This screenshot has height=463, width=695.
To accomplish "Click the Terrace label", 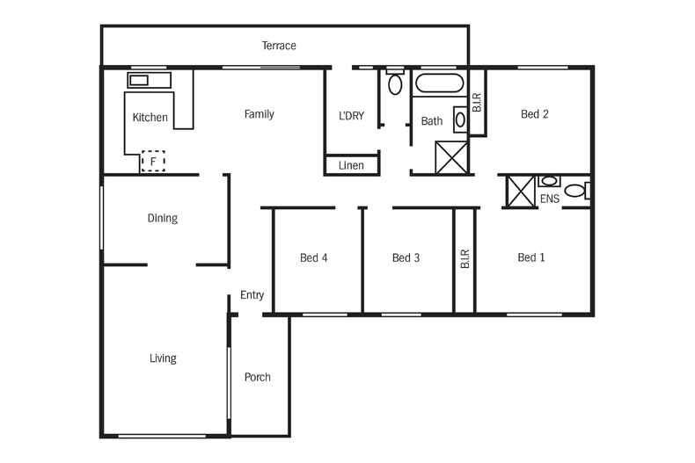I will click(279, 46).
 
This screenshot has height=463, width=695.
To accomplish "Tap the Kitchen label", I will click(150, 118).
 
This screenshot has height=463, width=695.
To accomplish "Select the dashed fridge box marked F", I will click(153, 162).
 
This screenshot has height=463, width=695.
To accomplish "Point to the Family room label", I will click(259, 114).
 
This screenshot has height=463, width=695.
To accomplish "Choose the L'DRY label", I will click(351, 116).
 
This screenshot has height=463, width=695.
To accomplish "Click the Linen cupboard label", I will click(351, 165).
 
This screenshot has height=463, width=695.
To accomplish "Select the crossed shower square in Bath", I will click(453, 159).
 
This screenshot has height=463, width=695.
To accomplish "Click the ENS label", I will click(549, 199).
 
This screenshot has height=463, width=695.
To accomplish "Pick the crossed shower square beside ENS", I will click(518, 192).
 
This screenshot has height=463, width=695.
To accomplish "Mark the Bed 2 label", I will click(535, 114).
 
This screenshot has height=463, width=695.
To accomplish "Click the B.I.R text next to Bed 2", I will click(477, 103).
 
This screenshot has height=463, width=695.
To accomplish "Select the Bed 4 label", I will click(314, 258).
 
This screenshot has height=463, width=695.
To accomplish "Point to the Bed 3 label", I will click(406, 258).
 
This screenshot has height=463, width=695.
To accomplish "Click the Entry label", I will click(252, 296).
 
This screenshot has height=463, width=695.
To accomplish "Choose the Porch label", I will click(258, 378).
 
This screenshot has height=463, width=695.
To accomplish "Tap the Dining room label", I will click(163, 219).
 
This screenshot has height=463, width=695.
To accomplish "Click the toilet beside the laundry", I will click(395, 84).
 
